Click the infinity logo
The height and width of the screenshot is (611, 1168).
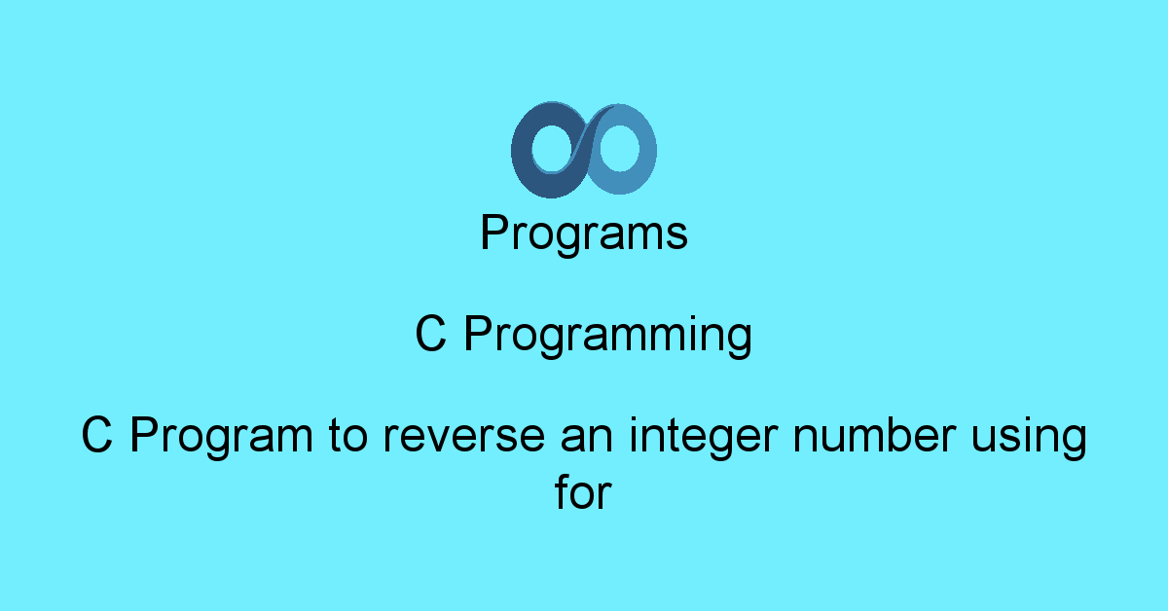(583, 150)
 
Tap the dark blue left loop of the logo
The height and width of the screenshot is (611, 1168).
(522, 151)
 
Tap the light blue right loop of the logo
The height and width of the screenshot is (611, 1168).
(646, 151)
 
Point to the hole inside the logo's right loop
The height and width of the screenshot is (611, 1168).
(619, 148)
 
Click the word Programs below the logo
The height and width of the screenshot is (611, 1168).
(584, 234)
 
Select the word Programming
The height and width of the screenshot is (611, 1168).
(608, 336)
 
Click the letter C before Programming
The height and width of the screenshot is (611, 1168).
(430, 333)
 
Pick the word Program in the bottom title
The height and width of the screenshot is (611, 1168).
(222, 436)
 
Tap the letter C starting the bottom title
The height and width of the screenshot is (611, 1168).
(97, 434)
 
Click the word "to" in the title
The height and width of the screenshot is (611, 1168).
(348, 436)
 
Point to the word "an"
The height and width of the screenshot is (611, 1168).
(587, 439)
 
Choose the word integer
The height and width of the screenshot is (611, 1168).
(704, 438)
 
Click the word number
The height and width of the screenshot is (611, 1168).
(875, 434)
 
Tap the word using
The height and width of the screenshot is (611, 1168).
(1030, 438)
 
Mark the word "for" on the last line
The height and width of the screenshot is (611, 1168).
(583, 491)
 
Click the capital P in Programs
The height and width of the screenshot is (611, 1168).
(494, 232)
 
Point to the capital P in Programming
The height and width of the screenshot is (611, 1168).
(478, 334)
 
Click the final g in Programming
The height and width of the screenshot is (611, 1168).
(740, 341)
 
